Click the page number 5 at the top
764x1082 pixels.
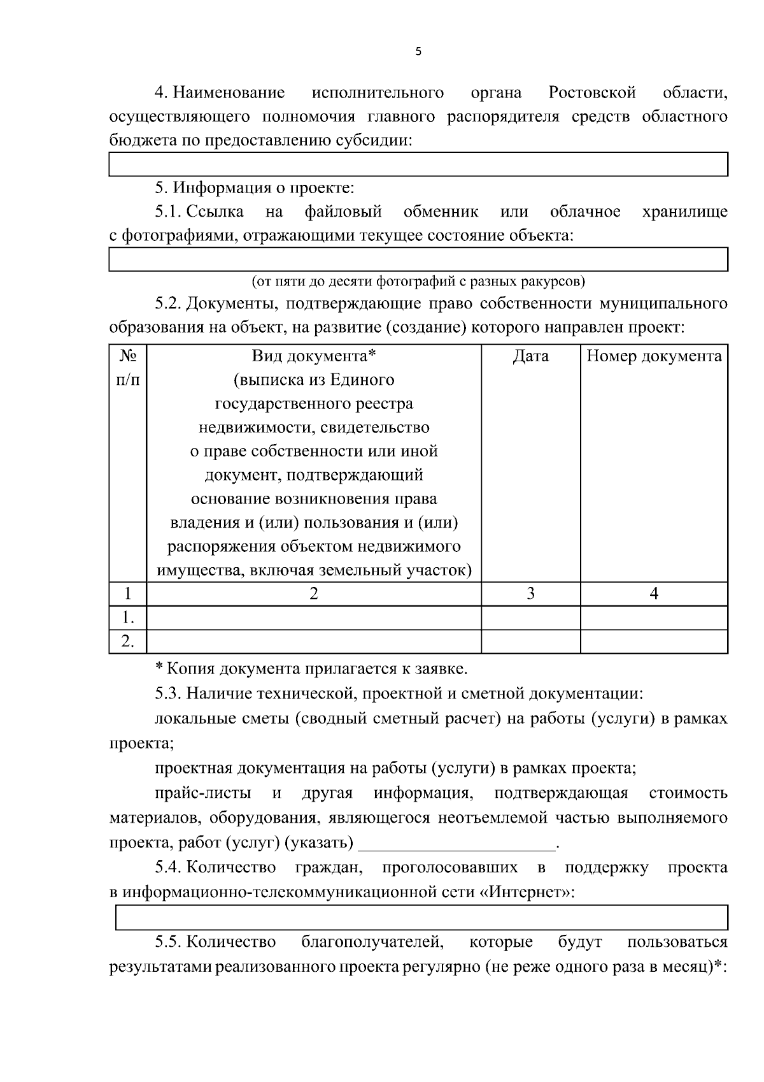[x=418, y=52]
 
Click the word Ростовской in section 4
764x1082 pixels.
[x=592, y=93]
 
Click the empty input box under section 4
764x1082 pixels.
[x=418, y=164]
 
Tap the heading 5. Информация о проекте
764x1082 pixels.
[x=254, y=188]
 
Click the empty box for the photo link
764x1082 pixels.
[x=418, y=259]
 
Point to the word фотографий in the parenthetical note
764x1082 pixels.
[x=407, y=281]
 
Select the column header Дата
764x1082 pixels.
[x=530, y=356]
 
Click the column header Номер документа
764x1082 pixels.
[x=654, y=356]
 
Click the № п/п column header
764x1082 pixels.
[x=128, y=368]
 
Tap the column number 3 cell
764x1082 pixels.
[x=530, y=594]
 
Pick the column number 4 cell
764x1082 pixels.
[x=654, y=594]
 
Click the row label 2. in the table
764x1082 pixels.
[x=128, y=641]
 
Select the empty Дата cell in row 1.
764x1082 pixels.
[x=530, y=617]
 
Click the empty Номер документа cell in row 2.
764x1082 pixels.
[x=654, y=641]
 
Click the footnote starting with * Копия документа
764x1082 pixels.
[x=311, y=669]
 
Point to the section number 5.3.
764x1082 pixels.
[x=168, y=693]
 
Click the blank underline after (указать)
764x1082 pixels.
[x=457, y=844]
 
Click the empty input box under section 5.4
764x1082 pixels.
[x=421, y=918]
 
